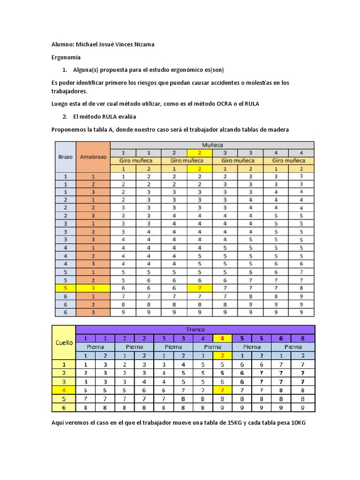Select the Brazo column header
pyautogui.click(x=65, y=157)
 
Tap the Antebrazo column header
pyautogui.click(x=93, y=157)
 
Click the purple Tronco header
pyautogui.click(x=195, y=330)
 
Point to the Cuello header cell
pyautogui.click(x=64, y=342)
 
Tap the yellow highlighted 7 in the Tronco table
pyautogui.click(x=222, y=390)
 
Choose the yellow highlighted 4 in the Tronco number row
pyautogui.click(x=222, y=338)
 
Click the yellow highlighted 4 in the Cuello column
pyautogui.click(x=64, y=390)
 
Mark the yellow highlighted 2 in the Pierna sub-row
pyautogui.click(x=222, y=355)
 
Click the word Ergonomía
pyautogui.click(x=66, y=57)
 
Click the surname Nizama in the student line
pyautogui.click(x=141, y=45)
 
